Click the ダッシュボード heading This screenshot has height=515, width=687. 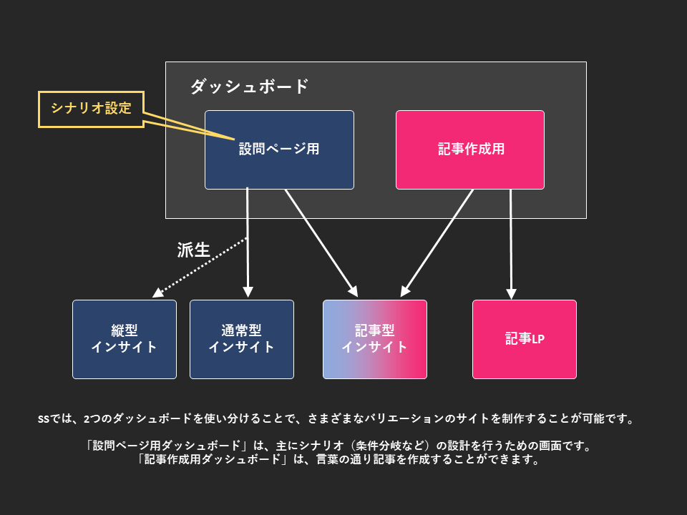click(249, 87)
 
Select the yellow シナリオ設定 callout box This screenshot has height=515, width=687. click(91, 109)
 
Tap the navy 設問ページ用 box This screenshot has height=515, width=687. click(279, 149)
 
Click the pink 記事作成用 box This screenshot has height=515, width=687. click(470, 149)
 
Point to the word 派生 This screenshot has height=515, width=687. click(193, 250)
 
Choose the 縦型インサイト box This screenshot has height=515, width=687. click(125, 339)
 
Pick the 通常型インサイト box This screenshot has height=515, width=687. click(242, 339)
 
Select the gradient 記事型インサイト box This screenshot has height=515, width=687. click(375, 339)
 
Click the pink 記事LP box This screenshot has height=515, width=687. click(525, 339)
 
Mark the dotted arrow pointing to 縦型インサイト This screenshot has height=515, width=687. click(200, 266)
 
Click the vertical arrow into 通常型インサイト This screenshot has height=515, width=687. click(248, 243)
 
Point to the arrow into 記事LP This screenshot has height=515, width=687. click(511, 243)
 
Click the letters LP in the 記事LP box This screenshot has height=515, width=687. click(537, 339)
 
